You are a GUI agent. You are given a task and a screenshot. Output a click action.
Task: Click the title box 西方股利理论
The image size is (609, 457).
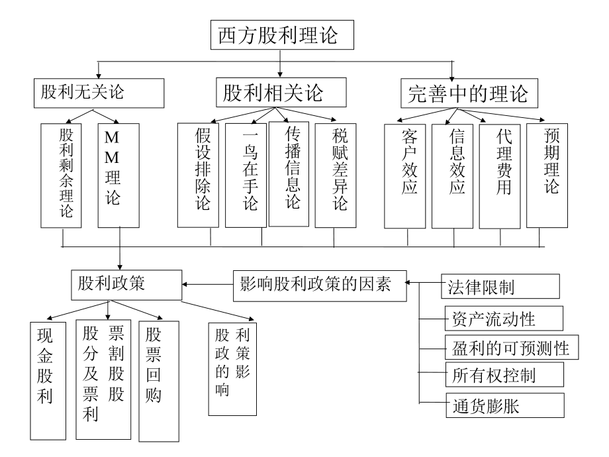(282, 35)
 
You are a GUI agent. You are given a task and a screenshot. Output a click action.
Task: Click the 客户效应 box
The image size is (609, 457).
(405, 175)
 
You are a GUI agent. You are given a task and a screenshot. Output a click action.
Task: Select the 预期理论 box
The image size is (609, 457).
(547, 175)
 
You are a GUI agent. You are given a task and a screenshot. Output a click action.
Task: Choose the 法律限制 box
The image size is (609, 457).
(500, 287)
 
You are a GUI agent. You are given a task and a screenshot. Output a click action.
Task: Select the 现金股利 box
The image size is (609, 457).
(47, 380)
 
